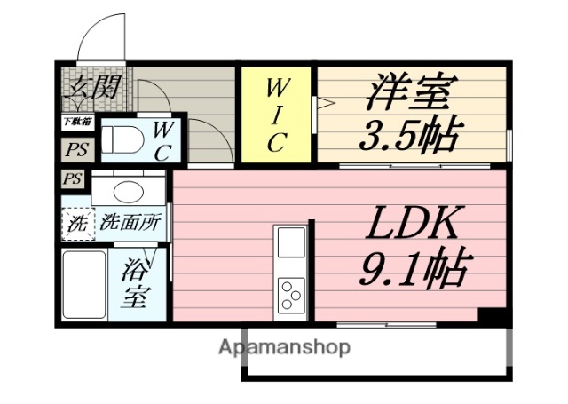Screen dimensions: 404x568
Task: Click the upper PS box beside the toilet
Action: [74, 149]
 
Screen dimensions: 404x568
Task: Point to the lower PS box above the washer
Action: [73, 179]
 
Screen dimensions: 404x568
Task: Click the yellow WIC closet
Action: [277, 115]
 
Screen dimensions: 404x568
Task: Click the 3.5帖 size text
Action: [410, 136]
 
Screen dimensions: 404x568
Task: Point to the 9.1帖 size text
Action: [414, 266]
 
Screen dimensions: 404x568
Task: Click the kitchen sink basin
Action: [290, 242]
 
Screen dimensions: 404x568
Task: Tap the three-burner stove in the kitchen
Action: [290, 294]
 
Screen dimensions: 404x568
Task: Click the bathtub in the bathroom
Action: [83, 284]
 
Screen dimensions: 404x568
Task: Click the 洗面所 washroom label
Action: [130, 223]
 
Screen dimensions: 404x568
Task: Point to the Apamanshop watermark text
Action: [284, 346]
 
